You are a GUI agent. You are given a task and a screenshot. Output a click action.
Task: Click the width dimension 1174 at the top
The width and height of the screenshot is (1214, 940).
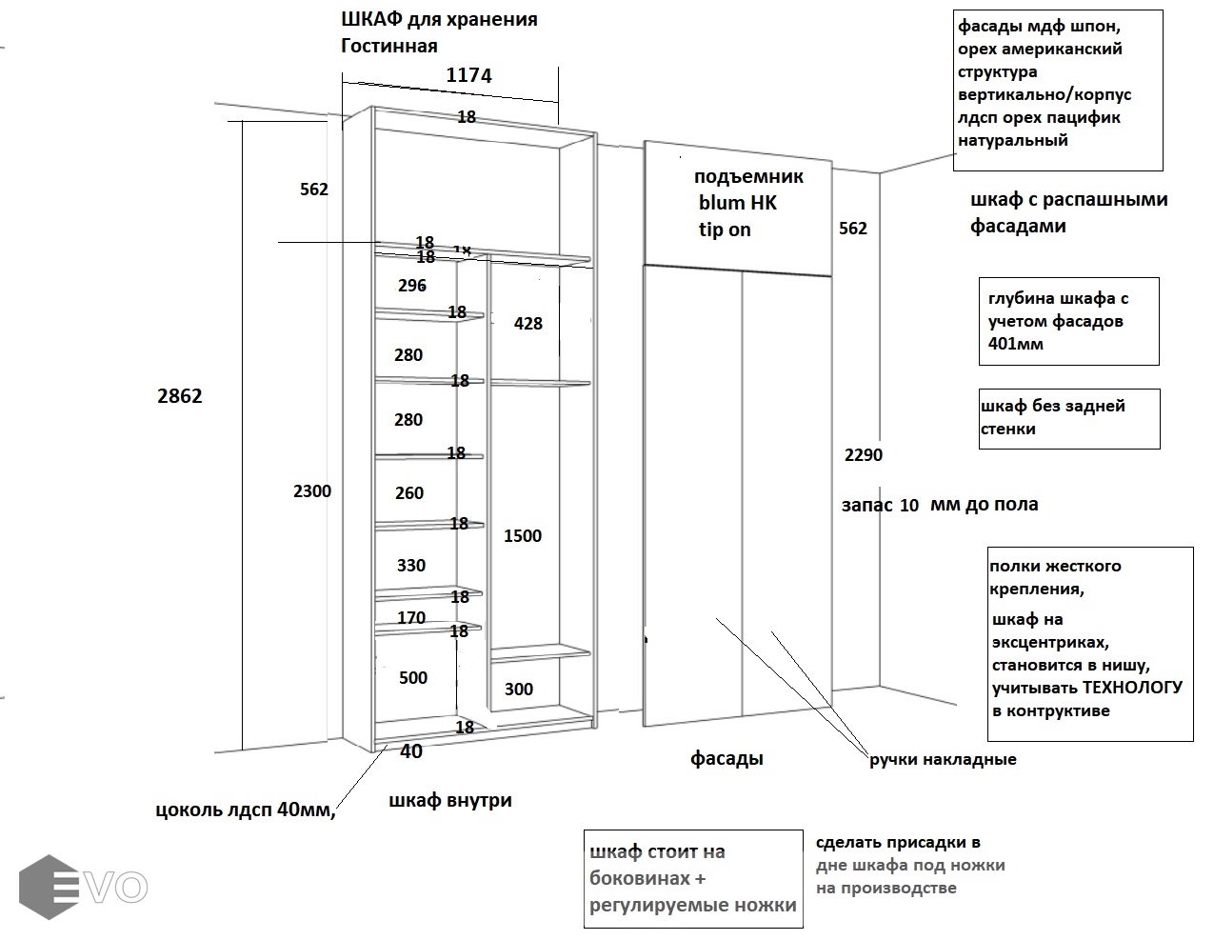pos(468,75)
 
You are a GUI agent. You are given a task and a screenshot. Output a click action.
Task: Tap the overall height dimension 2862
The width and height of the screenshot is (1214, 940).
pos(180,396)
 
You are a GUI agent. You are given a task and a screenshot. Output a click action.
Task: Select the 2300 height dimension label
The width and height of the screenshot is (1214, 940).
pos(312,491)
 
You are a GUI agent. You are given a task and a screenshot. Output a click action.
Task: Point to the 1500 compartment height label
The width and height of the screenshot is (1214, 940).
pos(523,536)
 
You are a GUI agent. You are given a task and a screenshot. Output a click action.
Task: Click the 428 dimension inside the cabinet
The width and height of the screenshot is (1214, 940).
pos(527,324)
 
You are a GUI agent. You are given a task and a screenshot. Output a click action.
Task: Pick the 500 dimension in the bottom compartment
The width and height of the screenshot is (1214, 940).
pos(413,678)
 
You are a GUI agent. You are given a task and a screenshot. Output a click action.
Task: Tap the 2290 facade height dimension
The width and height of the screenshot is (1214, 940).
pos(864,455)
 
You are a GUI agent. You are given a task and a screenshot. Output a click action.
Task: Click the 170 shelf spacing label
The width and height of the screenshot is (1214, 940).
pos(411,618)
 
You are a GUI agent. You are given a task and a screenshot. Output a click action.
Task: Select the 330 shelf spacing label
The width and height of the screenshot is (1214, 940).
pos(411,566)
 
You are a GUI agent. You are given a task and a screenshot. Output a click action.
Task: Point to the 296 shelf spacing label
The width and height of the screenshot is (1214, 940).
pos(412,286)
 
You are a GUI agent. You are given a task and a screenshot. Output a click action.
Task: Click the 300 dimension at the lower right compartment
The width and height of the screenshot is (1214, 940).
pos(519,690)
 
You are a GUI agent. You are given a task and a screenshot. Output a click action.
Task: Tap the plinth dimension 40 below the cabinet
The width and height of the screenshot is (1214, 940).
pos(411,751)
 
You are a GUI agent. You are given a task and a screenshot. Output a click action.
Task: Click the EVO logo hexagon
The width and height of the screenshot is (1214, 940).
pos(50,887)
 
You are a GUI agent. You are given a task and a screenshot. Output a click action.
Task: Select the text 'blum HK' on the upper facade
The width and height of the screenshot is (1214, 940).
pos(737,203)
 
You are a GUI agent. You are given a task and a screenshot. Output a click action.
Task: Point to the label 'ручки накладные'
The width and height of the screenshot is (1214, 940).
pos(943,760)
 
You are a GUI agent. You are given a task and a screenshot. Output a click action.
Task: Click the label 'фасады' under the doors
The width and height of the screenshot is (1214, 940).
pos(726,759)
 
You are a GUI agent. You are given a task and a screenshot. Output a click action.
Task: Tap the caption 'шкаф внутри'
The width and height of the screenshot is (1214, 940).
pos(450,801)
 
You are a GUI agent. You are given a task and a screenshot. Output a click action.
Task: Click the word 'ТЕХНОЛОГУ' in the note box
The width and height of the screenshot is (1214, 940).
pos(1132,688)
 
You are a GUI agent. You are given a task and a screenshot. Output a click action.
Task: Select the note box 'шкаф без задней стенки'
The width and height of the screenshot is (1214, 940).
pos(1069,418)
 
